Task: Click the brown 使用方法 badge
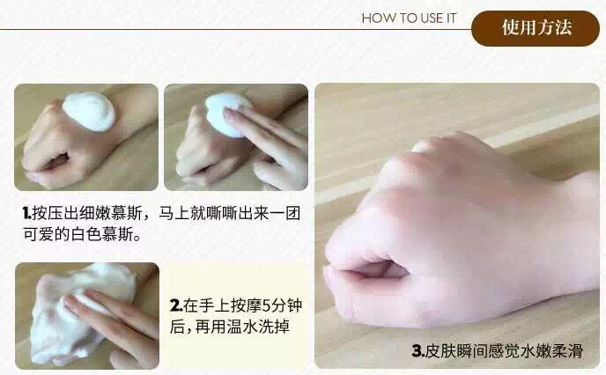coord(536,28)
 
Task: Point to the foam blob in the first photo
coord(89,111)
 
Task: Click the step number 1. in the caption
coord(27,213)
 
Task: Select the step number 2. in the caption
coord(176,305)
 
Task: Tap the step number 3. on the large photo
coord(418,351)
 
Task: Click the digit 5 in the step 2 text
coord(267,305)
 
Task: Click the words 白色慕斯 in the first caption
coord(101,234)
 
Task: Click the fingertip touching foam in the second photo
coord(229,113)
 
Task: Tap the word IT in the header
coord(451,18)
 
